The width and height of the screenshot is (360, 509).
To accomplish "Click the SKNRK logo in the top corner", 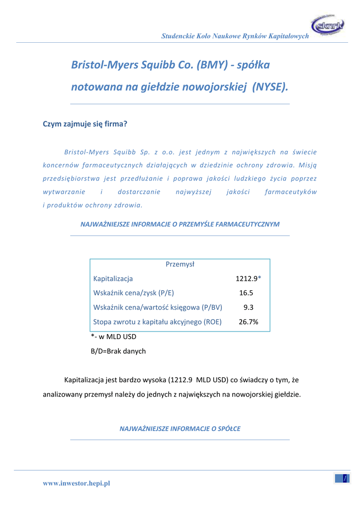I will point(327,25).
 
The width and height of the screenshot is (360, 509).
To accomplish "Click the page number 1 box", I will point(342,478).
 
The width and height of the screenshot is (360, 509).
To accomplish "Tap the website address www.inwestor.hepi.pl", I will point(77,484).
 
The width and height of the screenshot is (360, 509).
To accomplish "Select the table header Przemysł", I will point(180,264).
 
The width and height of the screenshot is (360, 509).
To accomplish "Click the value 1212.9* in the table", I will point(248,279).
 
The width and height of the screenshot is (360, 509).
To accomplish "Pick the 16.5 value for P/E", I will point(246,293).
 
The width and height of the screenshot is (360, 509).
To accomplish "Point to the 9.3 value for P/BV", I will point(249,308).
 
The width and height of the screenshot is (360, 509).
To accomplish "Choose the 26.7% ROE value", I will point(248,322).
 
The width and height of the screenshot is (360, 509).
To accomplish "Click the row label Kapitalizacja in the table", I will point(113,279).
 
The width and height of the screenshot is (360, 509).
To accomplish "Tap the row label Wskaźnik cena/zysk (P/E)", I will point(134,293).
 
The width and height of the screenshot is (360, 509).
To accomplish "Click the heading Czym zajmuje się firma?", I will point(85,124).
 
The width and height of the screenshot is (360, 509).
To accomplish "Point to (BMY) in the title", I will point(212,65).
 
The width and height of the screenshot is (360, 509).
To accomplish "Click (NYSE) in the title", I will point(270,87).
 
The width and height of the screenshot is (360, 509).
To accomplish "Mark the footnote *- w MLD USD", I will point(113,337).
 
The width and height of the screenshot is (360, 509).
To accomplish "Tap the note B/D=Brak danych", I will point(118,351).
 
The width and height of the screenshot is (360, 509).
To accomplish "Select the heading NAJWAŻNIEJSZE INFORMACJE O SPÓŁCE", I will point(180,428).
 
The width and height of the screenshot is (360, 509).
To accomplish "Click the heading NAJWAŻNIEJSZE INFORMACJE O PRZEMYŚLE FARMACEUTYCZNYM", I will point(180,224).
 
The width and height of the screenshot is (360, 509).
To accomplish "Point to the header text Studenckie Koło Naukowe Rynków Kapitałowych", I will point(235,37).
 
